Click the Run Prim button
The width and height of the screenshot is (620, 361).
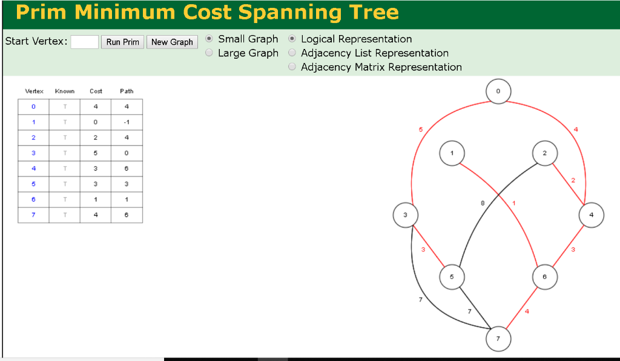click(122, 42)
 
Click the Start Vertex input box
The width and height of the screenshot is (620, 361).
click(84, 42)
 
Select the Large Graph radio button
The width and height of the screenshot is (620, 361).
click(209, 53)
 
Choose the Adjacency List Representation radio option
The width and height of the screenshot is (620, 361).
click(292, 53)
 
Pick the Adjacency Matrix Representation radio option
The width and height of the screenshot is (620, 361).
click(292, 67)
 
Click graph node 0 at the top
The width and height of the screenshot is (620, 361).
click(498, 91)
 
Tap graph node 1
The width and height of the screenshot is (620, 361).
click(452, 154)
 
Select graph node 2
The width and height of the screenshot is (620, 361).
click(544, 154)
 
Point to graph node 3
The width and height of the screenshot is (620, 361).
click(405, 215)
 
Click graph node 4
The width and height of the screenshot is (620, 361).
click(591, 215)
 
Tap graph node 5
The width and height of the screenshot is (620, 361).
click(452, 277)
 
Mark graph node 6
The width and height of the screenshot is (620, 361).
click(544, 277)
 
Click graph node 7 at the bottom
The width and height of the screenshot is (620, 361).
click(498, 339)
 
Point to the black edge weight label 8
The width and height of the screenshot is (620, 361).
click(483, 204)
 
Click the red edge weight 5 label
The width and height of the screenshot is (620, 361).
click(420, 130)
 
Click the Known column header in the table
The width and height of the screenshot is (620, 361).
click(64, 91)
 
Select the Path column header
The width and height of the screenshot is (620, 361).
click(127, 91)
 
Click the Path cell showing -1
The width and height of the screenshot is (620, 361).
click(127, 122)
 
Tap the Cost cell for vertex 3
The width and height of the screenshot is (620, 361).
click(96, 153)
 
